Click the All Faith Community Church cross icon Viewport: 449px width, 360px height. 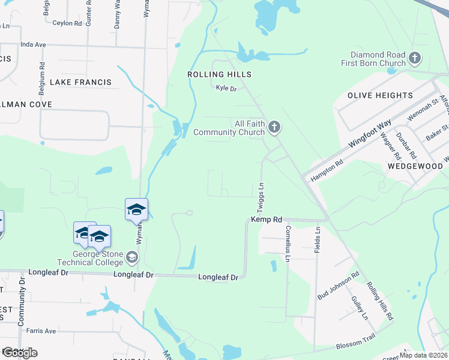click(275, 127)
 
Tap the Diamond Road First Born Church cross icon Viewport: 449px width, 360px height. click(414, 58)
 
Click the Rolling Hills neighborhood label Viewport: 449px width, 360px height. click(218, 74)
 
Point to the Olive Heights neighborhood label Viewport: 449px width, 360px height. click(381, 95)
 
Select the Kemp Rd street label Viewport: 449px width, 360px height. click(267, 220)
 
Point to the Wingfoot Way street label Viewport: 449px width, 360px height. click(370, 134)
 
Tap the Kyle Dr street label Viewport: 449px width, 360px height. click(227, 89)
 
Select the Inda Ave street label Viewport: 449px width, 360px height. click(33, 44)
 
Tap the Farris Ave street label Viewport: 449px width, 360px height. click(41, 331)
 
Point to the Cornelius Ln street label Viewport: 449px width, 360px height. click(288, 248)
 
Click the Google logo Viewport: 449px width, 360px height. click(20, 352)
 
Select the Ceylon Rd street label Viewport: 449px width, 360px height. click(67, 23)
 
